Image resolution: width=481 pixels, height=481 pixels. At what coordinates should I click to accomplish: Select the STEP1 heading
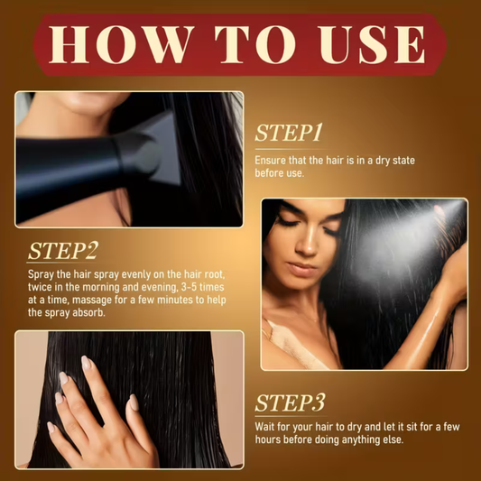pos(288,134)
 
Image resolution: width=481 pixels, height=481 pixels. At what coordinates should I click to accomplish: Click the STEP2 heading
pos(62,250)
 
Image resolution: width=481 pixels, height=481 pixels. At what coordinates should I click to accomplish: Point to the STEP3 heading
pos(290,402)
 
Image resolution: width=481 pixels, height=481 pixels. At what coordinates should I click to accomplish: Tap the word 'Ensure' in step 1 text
pos(272,159)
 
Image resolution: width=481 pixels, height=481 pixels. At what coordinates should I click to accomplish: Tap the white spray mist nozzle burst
pos(440,214)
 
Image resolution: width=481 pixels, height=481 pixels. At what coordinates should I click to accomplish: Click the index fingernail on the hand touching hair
pos(88,363)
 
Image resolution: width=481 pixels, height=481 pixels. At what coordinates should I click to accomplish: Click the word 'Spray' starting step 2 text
pos(42,271)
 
